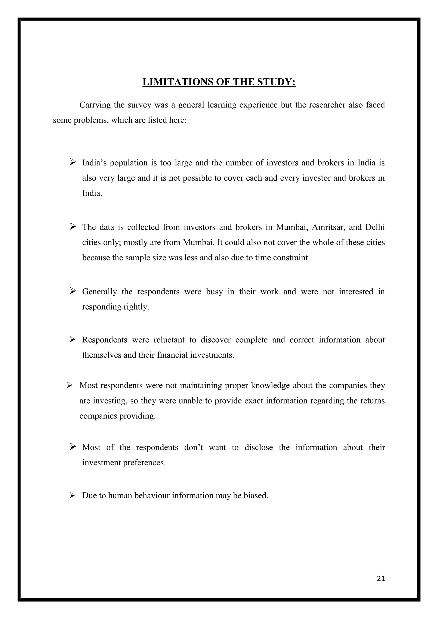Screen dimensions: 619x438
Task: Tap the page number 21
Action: [x=381, y=579]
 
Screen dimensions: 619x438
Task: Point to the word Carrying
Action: [x=95, y=105]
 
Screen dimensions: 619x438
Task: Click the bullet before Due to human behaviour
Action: [x=72, y=495]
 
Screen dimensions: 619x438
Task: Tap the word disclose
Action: [x=259, y=448]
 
